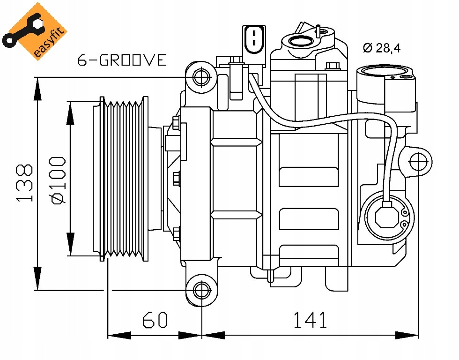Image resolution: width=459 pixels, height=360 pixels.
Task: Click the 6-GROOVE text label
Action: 122,60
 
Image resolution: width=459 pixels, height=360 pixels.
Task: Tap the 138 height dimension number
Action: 24,183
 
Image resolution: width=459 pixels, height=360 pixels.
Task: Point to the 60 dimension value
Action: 155,320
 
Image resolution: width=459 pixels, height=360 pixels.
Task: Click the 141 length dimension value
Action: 310,320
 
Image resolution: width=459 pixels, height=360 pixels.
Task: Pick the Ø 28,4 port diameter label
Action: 381,48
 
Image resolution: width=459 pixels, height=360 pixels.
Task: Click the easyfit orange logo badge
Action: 34,31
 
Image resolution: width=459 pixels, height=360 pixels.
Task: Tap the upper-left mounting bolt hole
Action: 202,77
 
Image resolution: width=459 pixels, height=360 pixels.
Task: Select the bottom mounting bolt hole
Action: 202,290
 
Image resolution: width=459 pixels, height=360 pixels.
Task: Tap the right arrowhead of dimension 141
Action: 407,335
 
